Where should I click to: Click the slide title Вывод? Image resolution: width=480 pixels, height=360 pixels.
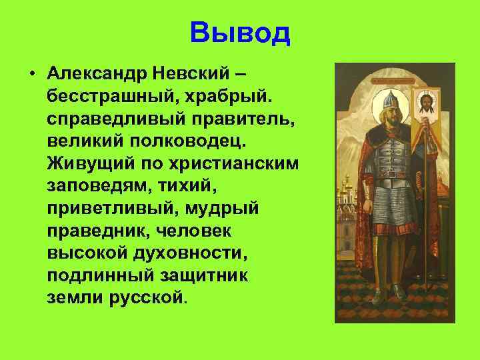click(x=240, y=33)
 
